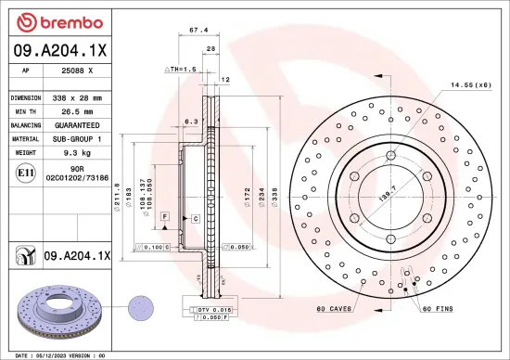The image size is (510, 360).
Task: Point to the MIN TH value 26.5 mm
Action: [x=75, y=110]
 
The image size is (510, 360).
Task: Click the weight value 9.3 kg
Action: [x=75, y=151]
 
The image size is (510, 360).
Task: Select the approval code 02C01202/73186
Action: [x=77, y=176]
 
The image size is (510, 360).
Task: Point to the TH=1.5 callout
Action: [x=181, y=70]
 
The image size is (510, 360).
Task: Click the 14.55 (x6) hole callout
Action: [x=470, y=85]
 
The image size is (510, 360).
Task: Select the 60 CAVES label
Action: [x=334, y=308]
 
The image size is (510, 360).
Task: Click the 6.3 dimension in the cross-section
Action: [x=192, y=121]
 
